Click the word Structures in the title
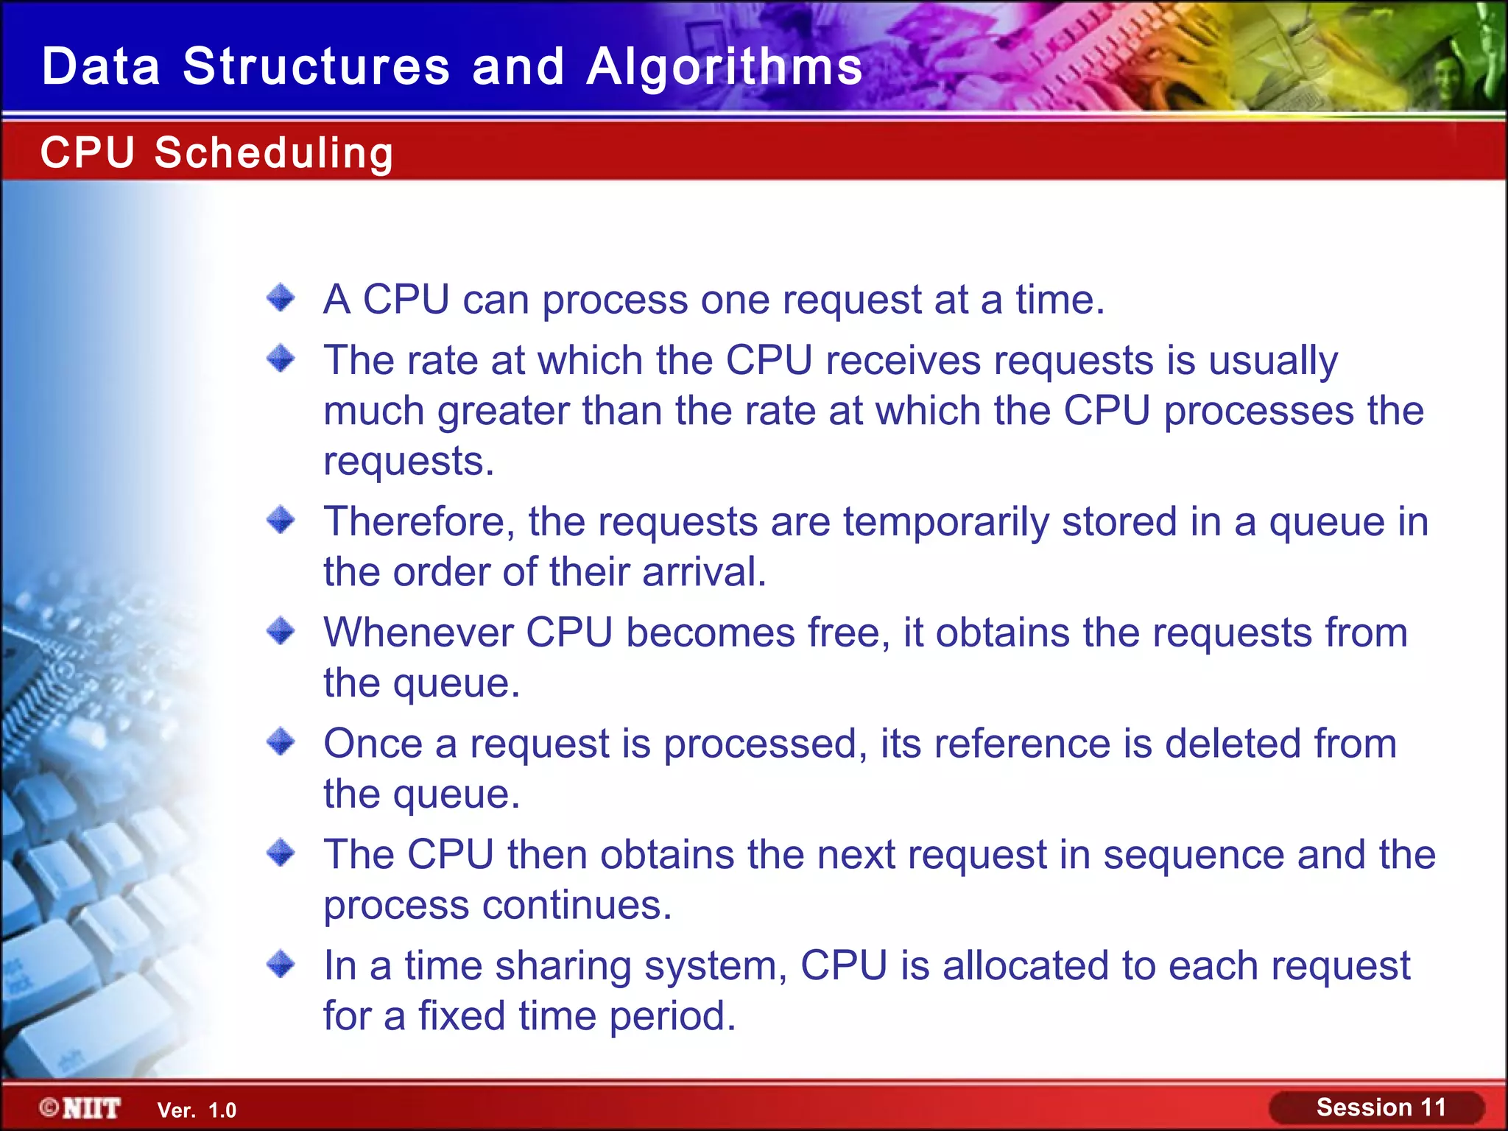[316, 67]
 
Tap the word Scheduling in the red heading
[274, 153]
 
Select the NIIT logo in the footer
[81, 1107]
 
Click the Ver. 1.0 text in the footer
[197, 1110]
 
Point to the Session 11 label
[1381, 1107]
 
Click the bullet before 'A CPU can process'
[281, 298]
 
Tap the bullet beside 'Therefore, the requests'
[281, 520]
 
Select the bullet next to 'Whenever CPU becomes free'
[281, 631]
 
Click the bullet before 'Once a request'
[281, 741]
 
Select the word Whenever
[418, 633]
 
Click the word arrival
[703, 572]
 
